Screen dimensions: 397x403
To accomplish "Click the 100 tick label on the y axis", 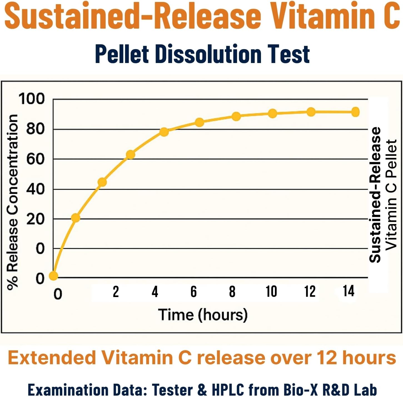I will pyautogui.click(x=31, y=99).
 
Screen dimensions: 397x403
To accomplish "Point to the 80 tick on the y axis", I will pyautogui.click(x=35, y=129).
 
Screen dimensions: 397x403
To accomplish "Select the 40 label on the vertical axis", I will pyautogui.click(x=35, y=189).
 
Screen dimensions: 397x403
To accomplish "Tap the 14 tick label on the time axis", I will pyautogui.click(x=349, y=291).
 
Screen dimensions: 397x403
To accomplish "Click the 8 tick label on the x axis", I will pyautogui.click(x=232, y=292).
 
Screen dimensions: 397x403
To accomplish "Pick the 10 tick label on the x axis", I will pyautogui.click(x=271, y=292).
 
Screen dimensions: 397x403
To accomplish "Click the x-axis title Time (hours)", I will pyautogui.click(x=203, y=315).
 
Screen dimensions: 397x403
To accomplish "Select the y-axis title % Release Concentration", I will pyautogui.click(x=13, y=202).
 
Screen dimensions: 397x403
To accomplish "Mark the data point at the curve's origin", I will pyautogui.click(x=53, y=276).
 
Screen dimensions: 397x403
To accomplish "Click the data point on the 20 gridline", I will pyautogui.click(x=76, y=218).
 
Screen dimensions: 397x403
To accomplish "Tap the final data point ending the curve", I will pyautogui.click(x=355, y=112).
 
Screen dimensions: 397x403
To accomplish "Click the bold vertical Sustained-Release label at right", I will pyautogui.click(x=375, y=194).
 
